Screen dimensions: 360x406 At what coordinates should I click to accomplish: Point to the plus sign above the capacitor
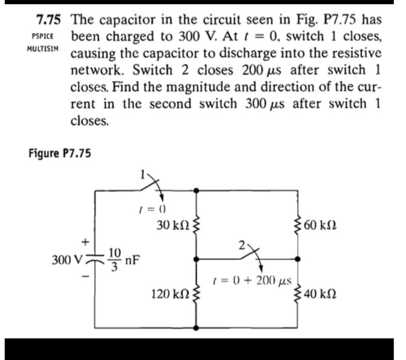86,242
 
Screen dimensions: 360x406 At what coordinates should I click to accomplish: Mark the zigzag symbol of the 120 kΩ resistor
196,295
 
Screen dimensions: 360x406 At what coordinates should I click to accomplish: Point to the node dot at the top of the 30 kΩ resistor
196,190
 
